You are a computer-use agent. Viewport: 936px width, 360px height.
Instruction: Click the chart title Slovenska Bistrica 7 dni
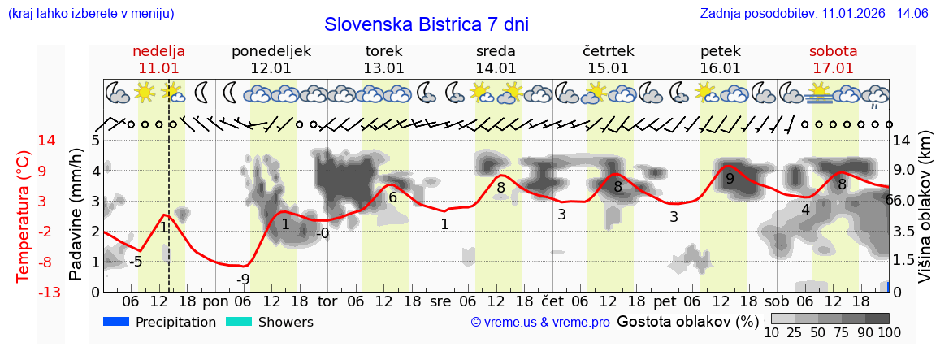click(x=426, y=24)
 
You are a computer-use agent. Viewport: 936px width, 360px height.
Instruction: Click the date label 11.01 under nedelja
click(x=158, y=68)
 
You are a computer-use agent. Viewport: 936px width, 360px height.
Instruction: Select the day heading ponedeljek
click(x=271, y=51)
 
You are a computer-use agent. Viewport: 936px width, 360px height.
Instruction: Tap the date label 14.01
click(x=496, y=68)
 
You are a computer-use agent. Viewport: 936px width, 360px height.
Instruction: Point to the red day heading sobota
click(x=833, y=51)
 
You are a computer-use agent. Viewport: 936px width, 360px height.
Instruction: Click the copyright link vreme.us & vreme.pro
click(x=540, y=323)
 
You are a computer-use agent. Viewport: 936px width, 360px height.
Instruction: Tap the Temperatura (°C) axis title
click(x=23, y=215)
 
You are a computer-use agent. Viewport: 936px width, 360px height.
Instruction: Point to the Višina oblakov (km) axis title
click(x=925, y=215)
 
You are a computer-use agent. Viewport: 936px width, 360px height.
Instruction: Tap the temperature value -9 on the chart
click(x=243, y=280)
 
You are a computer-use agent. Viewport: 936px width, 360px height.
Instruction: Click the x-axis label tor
click(x=327, y=301)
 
